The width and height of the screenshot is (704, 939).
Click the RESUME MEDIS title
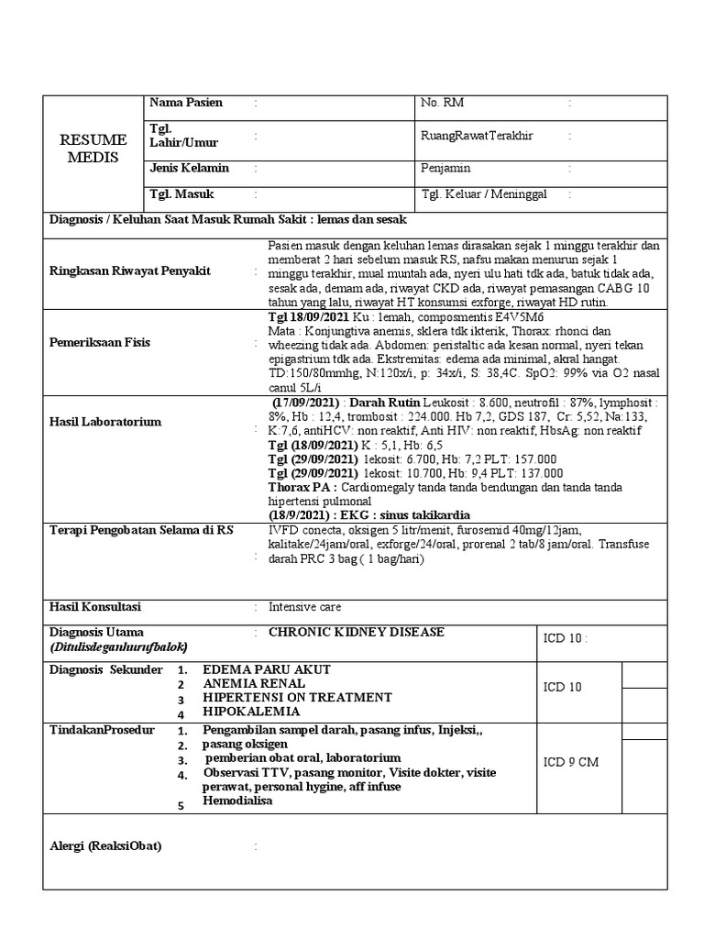(x=93, y=148)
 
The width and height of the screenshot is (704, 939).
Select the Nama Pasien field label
(x=185, y=102)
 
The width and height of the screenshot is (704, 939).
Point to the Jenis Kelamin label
(x=189, y=168)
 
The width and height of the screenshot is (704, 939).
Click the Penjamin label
(x=445, y=169)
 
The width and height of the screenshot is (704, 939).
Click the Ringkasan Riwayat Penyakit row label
(x=129, y=271)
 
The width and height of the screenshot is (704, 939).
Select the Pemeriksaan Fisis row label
(x=99, y=342)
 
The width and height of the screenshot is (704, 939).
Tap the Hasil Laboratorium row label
(x=104, y=422)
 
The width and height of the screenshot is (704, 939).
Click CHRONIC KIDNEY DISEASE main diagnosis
(x=356, y=633)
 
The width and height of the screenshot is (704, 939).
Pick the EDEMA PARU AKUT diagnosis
(x=267, y=669)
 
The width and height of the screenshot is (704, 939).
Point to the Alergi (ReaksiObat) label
(x=104, y=846)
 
